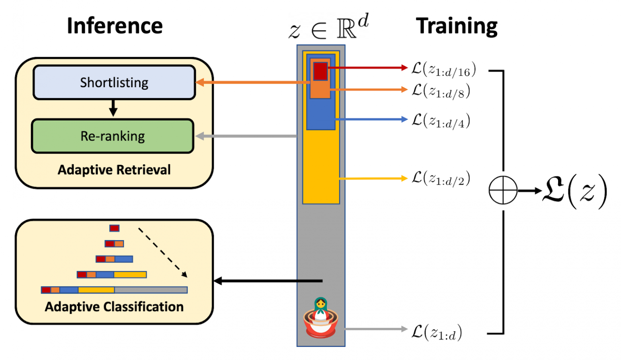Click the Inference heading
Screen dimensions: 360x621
click(x=115, y=26)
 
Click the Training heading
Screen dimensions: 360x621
click(x=457, y=26)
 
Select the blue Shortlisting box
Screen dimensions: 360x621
click(x=114, y=82)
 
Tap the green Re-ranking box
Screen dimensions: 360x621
click(x=113, y=136)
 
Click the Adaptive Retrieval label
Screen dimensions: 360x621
click(x=114, y=170)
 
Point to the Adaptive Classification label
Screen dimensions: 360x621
click(x=114, y=307)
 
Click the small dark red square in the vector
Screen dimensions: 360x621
click(x=320, y=71)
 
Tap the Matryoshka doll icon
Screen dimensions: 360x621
click(x=320, y=317)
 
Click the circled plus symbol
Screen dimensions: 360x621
click(x=503, y=190)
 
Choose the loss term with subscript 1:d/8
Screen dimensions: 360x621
click(x=441, y=91)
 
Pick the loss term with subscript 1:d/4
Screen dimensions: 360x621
click(x=441, y=121)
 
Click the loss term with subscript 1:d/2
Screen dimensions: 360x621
click(x=441, y=178)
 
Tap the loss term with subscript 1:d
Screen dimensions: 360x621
click(x=437, y=332)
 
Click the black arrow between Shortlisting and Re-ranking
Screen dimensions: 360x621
click(x=113, y=108)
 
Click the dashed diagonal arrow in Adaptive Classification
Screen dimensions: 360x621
click(x=162, y=252)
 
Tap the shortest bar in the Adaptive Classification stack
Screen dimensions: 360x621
click(x=114, y=228)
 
